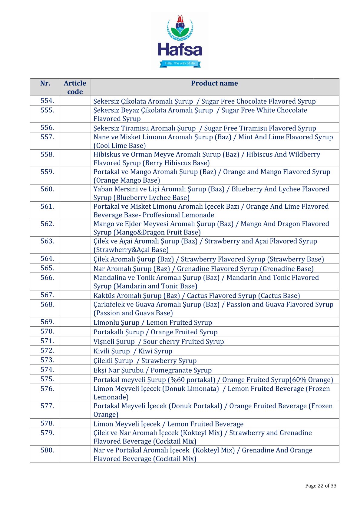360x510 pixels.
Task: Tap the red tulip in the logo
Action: point(180,22)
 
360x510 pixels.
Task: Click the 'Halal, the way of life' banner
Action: point(180,63)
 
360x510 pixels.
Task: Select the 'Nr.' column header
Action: point(45,83)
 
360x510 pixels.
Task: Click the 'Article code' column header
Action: point(75,87)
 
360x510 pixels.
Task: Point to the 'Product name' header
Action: point(214,83)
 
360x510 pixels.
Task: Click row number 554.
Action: point(47,101)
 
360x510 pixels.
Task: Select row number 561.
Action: point(47,207)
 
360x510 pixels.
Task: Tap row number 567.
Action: point(47,295)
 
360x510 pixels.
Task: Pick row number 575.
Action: point(47,379)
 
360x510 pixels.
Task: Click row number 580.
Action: point(47,450)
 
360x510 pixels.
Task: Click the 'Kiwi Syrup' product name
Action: point(155,351)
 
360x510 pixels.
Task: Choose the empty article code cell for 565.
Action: point(75,268)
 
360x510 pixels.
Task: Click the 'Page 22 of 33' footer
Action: point(321,486)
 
